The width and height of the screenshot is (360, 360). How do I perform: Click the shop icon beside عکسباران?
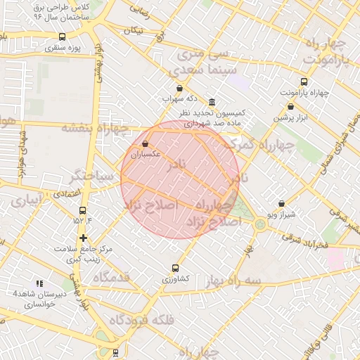[145, 143]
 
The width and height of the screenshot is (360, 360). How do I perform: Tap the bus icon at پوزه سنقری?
[63, 37]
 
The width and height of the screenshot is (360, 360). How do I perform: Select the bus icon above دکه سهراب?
[179, 89]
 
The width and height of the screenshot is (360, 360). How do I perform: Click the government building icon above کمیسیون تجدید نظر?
[212, 102]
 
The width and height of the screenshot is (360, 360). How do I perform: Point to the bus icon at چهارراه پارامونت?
[304, 82]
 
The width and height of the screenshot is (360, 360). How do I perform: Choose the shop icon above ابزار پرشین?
[290, 106]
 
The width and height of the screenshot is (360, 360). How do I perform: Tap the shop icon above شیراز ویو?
[281, 203]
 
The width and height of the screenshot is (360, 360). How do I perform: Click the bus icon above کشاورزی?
[175, 268]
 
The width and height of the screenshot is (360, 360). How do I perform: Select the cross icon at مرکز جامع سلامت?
[84, 238]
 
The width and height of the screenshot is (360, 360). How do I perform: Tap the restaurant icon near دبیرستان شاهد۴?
[39, 283]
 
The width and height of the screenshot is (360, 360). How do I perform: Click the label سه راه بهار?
[233, 281]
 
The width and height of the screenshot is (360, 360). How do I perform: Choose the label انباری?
[26, 200]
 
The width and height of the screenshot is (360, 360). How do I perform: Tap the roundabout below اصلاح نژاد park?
[260, 224]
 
